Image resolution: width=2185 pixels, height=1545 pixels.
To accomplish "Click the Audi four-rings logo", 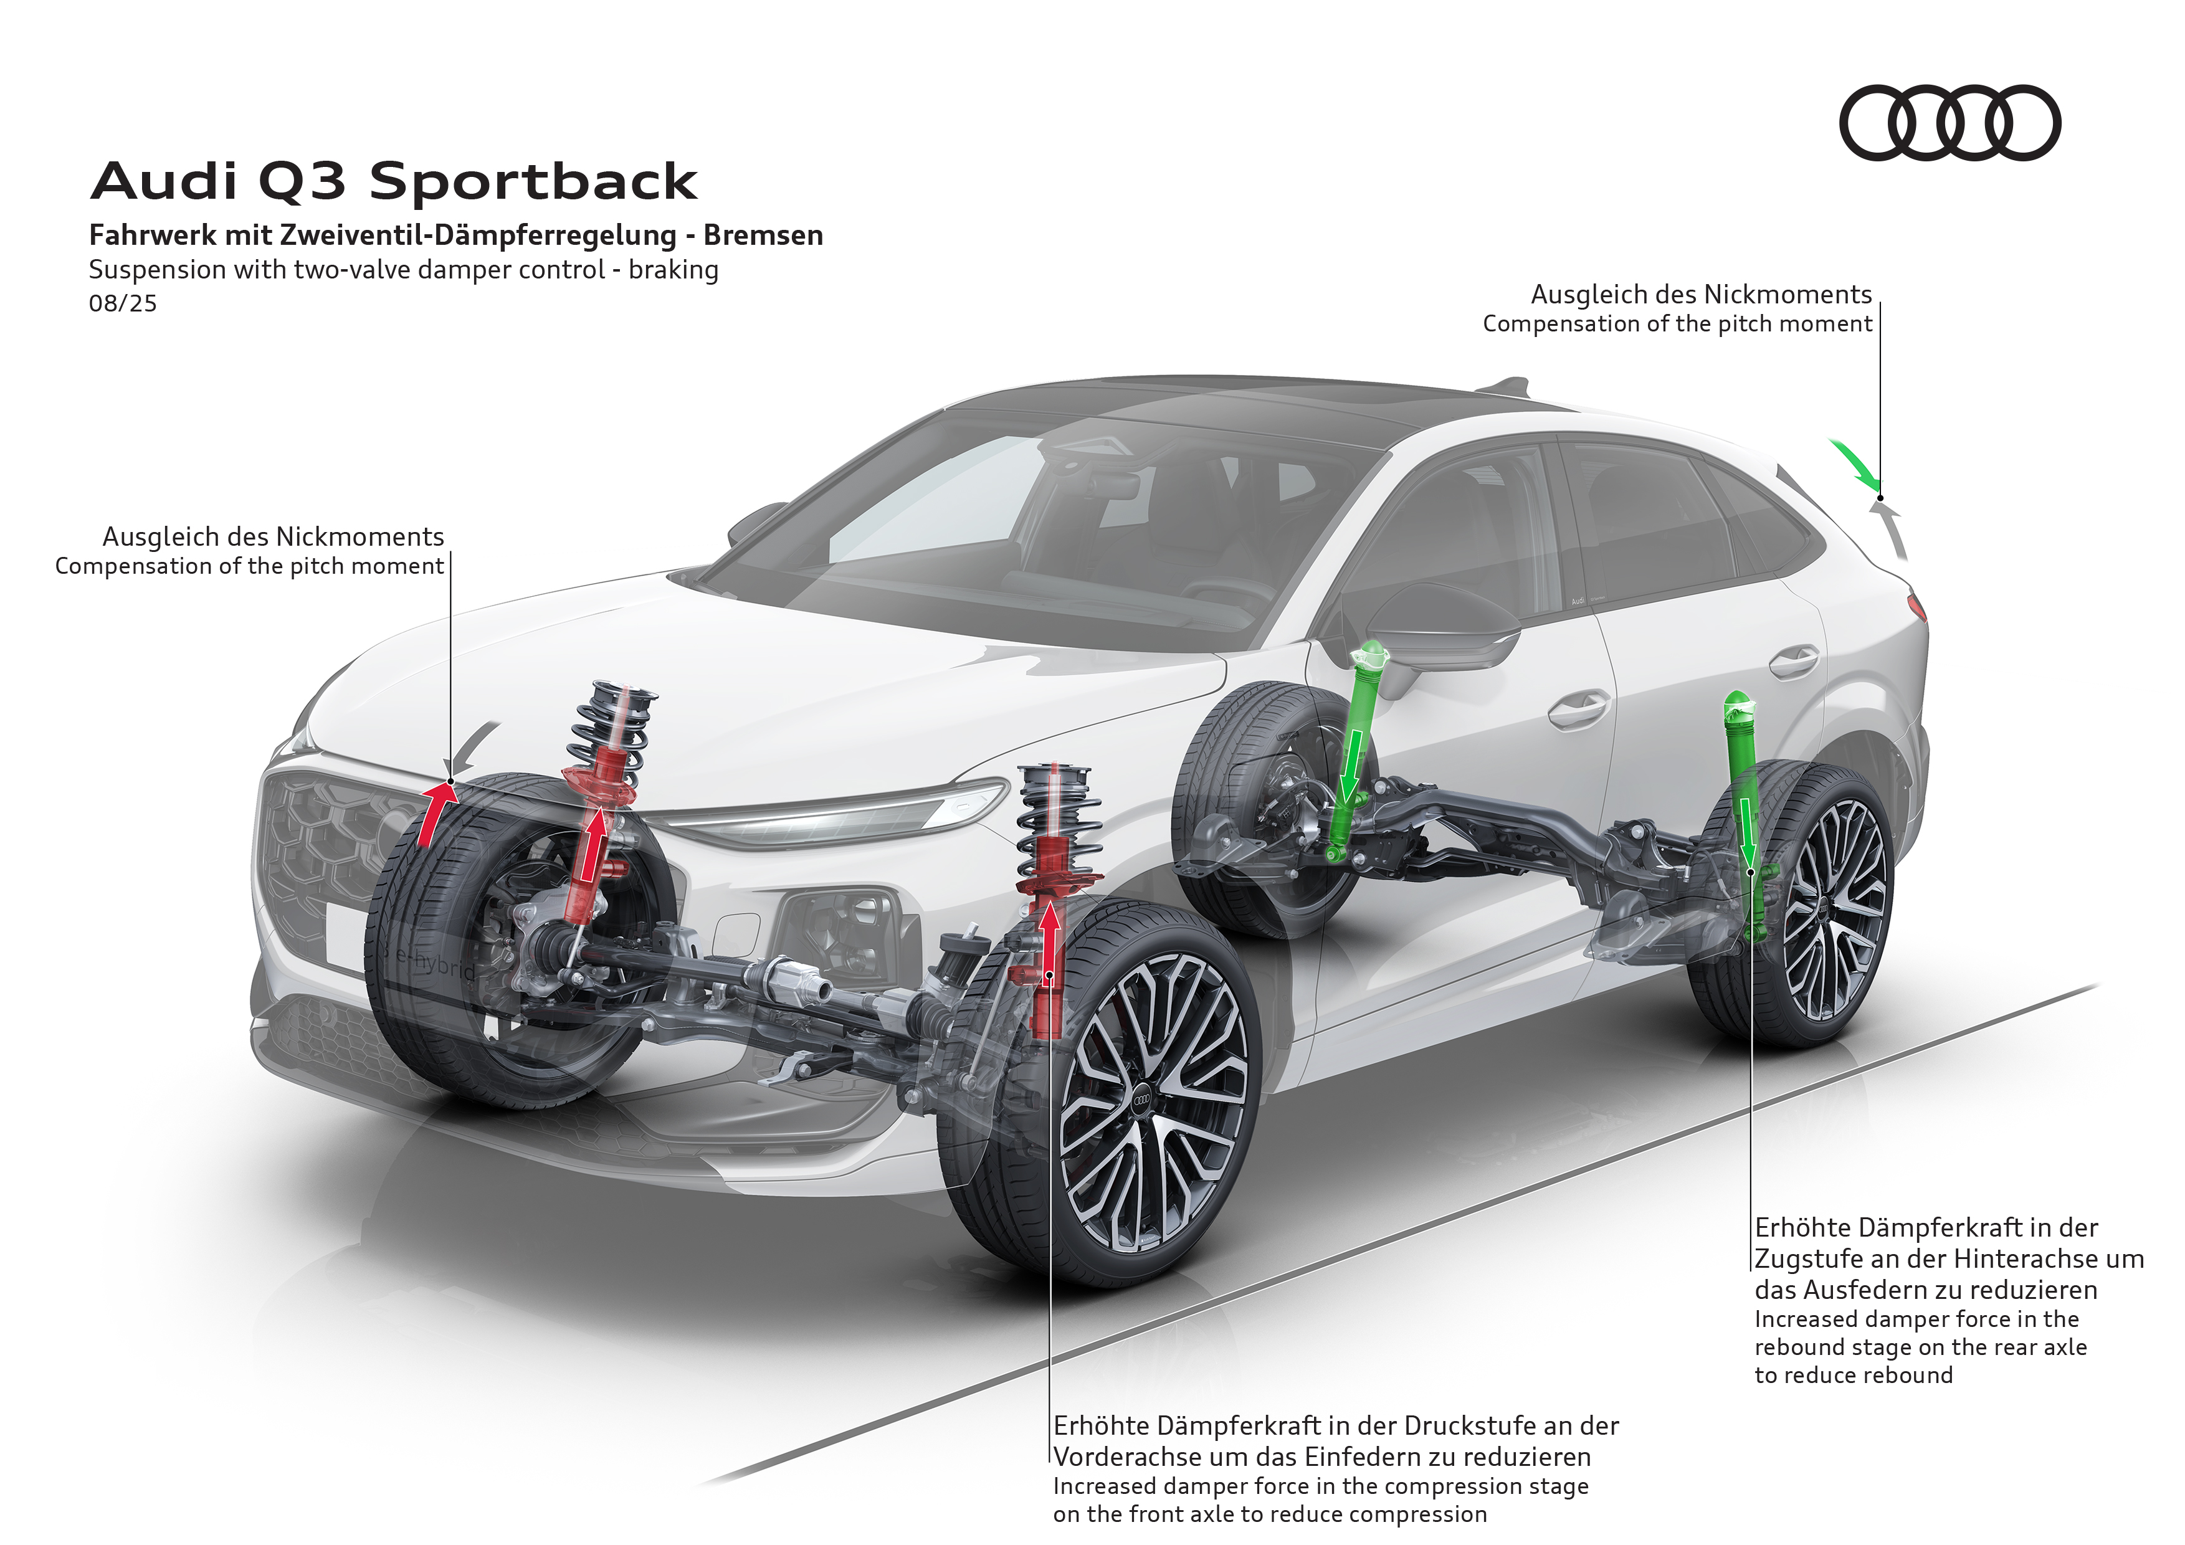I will pos(1949,123).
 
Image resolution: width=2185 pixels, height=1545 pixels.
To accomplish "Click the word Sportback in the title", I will pos(533,182).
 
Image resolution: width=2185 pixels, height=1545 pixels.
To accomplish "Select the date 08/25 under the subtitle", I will pos(123,303).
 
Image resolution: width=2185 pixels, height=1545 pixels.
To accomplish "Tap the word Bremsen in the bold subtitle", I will pos(763,235).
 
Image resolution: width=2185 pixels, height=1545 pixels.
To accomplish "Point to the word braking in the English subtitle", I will pos(673,270).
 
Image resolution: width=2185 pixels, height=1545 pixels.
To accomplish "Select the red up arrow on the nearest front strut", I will pos(1050,942).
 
